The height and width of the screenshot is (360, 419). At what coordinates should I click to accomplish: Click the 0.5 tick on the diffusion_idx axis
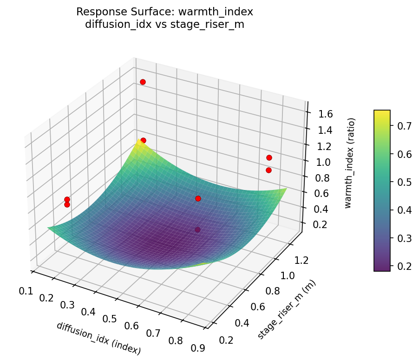click(x=110, y=318)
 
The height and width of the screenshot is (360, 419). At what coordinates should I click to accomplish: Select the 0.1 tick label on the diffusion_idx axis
click(x=26, y=291)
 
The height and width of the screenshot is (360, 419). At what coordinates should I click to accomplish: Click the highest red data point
click(x=143, y=82)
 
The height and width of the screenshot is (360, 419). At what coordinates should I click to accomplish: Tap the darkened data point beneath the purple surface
click(x=198, y=229)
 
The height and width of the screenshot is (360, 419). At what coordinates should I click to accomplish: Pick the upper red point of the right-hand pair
click(x=269, y=157)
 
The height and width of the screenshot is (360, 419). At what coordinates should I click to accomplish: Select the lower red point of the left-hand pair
click(x=67, y=204)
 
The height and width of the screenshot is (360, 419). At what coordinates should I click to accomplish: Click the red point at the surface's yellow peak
click(x=143, y=140)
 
